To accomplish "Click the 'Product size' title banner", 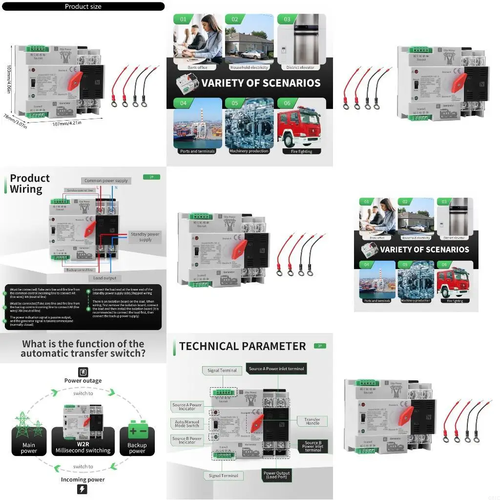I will (83, 6).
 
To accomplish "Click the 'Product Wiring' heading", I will (29, 184).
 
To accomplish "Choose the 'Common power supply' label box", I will (106, 181).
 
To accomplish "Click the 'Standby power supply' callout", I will (145, 237).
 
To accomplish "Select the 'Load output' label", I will (105, 278).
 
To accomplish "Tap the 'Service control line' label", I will (82, 190).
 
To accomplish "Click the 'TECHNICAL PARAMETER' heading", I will (242, 346).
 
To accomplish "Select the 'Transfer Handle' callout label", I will (312, 421).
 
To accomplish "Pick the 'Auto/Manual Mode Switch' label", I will (187, 423).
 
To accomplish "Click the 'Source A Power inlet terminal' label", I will (276, 369).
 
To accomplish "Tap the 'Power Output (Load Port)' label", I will (276, 475).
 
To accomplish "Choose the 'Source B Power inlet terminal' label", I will (312, 446).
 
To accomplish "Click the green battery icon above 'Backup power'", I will (137, 430).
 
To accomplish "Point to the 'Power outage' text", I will (83, 381).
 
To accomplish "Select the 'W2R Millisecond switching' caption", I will (83, 447).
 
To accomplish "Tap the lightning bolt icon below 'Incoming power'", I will (83, 490).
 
